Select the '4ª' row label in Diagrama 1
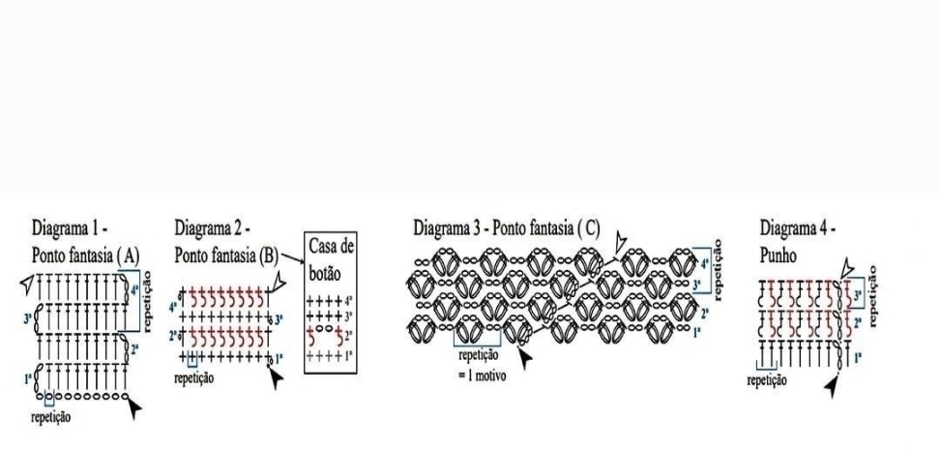pyautogui.click(x=133, y=288)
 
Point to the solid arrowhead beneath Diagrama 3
pyautogui.click(x=526, y=360)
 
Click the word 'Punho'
pyautogui.click(x=780, y=255)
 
